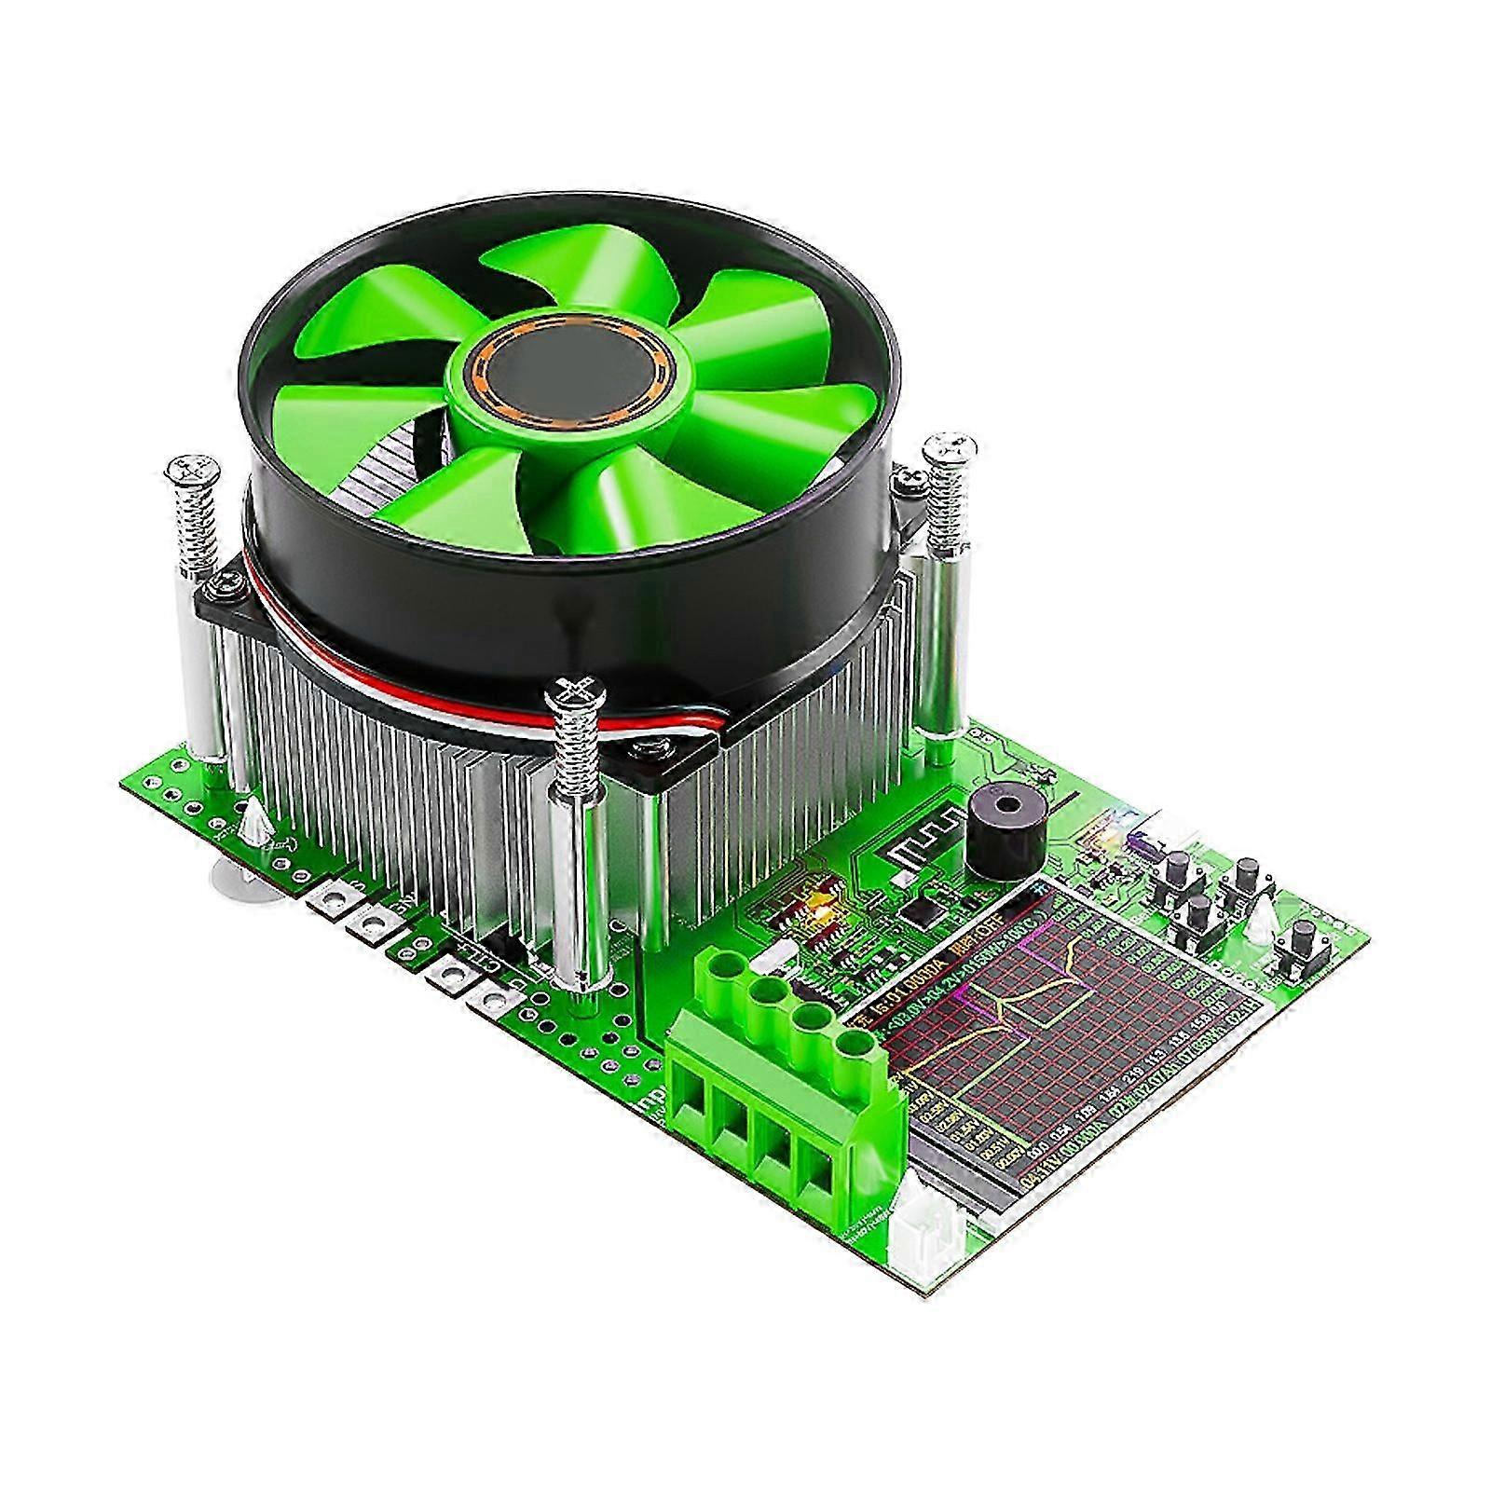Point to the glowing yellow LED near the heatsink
pos(823,903)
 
